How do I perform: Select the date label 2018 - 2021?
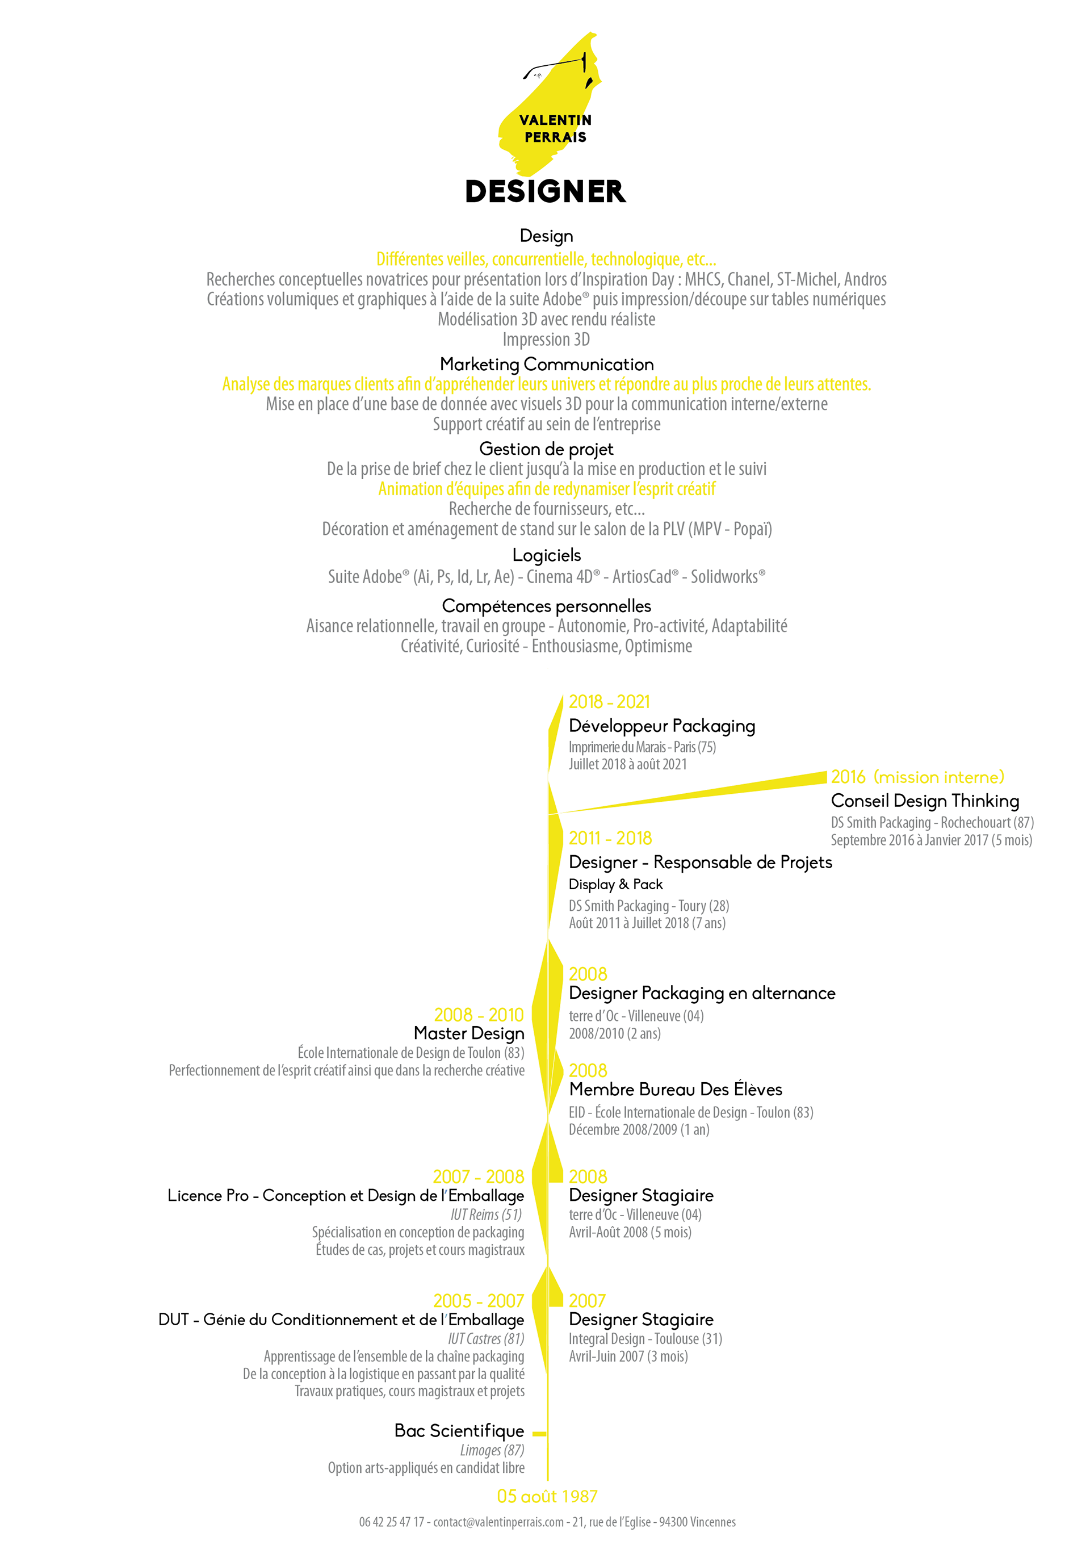[609, 702]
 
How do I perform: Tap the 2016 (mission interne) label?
[917, 777]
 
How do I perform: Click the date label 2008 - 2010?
[479, 1015]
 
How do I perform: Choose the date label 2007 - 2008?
[479, 1176]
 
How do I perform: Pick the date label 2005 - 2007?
[479, 1301]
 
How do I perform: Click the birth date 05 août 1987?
[547, 1496]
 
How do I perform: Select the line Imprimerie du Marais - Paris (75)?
[642, 747]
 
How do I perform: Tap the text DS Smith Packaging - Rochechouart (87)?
[932, 823]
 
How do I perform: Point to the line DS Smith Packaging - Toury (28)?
[648, 906]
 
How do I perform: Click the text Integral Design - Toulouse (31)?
[645, 1339]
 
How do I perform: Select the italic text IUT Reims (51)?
[486, 1214]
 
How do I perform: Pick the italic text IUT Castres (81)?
[486, 1339]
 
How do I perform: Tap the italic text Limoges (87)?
[492, 1450]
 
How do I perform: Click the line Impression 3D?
[546, 340]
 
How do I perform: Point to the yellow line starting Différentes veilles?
[546, 259]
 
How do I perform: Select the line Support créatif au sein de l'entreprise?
[546, 424]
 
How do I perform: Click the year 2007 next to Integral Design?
[586, 1301]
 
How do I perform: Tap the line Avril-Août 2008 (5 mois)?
[630, 1232]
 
